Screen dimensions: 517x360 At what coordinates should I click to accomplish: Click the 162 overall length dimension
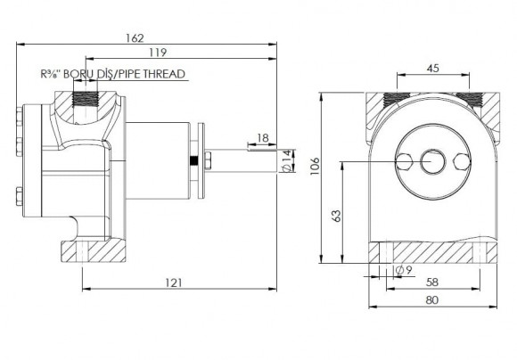[x=135, y=38]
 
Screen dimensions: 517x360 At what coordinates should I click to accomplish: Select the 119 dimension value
[x=158, y=53]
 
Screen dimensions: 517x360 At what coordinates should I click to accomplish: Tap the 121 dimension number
[x=174, y=282]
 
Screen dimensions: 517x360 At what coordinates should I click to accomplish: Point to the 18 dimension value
[x=263, y=138]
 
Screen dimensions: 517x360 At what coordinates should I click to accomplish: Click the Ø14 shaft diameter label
[x=287, y=161]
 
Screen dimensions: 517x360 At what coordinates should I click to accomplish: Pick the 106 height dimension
[x=316, y=166]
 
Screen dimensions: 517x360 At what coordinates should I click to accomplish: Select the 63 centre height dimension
[x=337, y=216]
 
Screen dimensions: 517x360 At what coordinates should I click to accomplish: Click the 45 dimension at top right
[x=432, y=69]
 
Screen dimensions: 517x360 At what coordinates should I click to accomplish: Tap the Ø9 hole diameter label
[x=404, y=270]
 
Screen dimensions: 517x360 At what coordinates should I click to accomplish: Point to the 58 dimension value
[x=432, y=282]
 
